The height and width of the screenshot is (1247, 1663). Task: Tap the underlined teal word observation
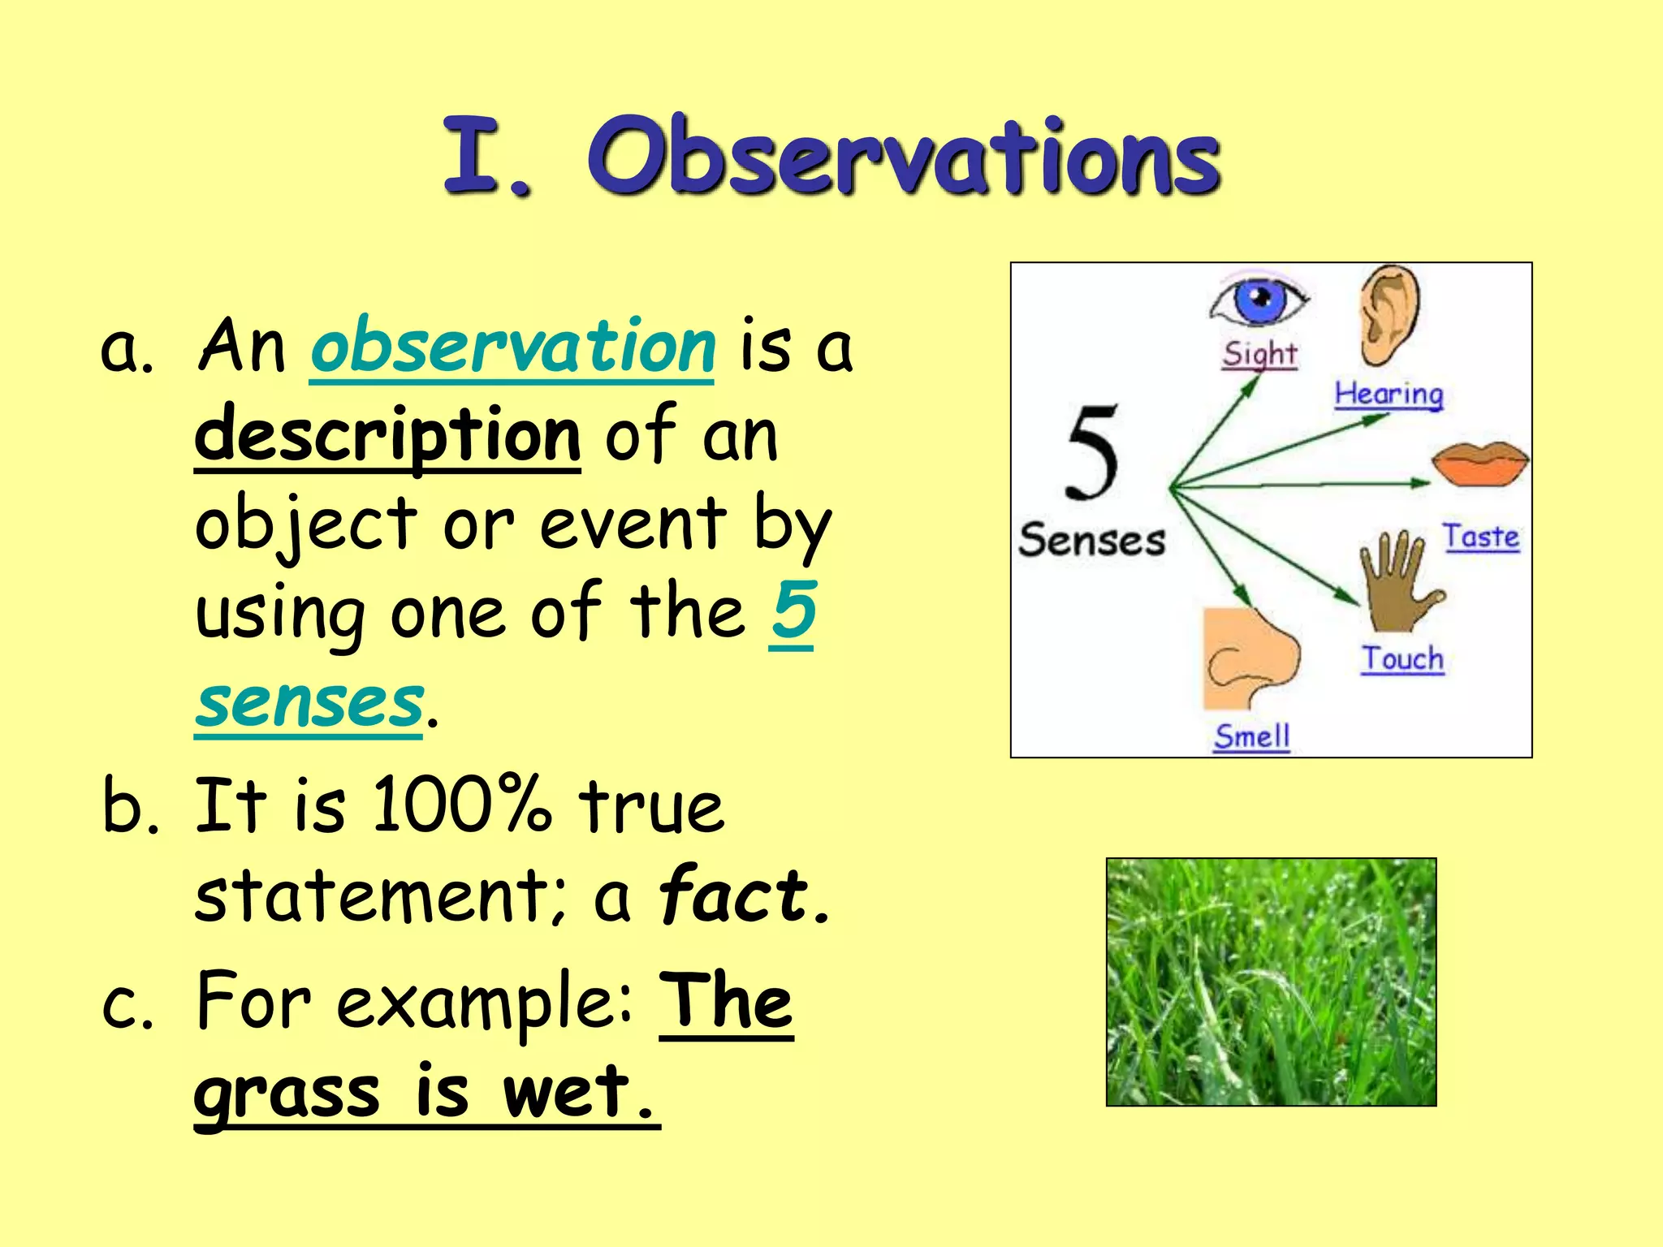point(512,347)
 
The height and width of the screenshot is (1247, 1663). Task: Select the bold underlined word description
point(387,436)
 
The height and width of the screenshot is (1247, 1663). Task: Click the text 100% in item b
point(460,805)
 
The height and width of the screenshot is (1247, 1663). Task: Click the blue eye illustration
point(1259,301)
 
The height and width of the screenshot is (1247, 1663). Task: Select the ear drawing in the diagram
point(1389,314)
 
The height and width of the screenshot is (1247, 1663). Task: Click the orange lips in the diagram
point(1479,464)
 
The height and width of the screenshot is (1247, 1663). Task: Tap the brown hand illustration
point(1398,580)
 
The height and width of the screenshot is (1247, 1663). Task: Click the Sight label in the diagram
point(1259,355)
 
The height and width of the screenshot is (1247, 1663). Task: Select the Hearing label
point(1389,395)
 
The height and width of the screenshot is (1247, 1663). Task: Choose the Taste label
point(1480,537)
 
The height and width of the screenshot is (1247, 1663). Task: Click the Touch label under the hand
point(1402,658)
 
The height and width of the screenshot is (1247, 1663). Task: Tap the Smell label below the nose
point(1251,736)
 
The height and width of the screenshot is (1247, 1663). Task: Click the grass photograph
point(1271,982)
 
